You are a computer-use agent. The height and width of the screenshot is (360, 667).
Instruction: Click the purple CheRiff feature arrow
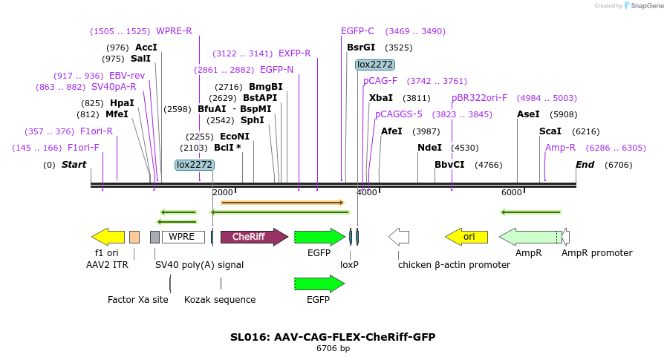pos(253,237)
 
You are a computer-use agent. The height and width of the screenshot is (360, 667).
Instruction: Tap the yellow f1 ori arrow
pos(108,237)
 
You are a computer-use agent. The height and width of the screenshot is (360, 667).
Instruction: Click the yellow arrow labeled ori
pos(466,237)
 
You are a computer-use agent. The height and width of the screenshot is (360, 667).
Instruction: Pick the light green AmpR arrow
pos(530,237)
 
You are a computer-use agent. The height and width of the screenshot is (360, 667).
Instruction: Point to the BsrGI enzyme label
pos(361,48)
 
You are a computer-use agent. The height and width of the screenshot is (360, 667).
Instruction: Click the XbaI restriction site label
pos(380,98)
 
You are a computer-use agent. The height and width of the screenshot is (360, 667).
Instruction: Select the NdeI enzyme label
pos(429,148)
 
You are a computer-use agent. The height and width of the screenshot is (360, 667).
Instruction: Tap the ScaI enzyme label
pos(550,131)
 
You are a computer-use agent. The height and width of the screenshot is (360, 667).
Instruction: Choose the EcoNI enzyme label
pos(235,137)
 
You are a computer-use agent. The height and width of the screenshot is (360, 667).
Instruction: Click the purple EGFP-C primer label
pos(357,31)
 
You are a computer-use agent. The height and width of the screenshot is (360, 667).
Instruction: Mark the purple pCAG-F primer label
pos(380,81)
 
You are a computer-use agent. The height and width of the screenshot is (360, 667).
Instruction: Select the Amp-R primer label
pos(560,148)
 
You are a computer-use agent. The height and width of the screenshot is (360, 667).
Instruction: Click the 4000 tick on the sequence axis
pos(367,192)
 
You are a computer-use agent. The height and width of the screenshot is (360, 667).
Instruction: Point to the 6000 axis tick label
pos(511,192)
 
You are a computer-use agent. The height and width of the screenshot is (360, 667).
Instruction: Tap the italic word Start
pos(74,165)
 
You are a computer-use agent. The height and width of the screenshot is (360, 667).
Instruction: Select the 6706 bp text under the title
pos(333,348)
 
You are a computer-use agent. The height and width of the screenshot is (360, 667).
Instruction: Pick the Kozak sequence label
pos(220,300)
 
